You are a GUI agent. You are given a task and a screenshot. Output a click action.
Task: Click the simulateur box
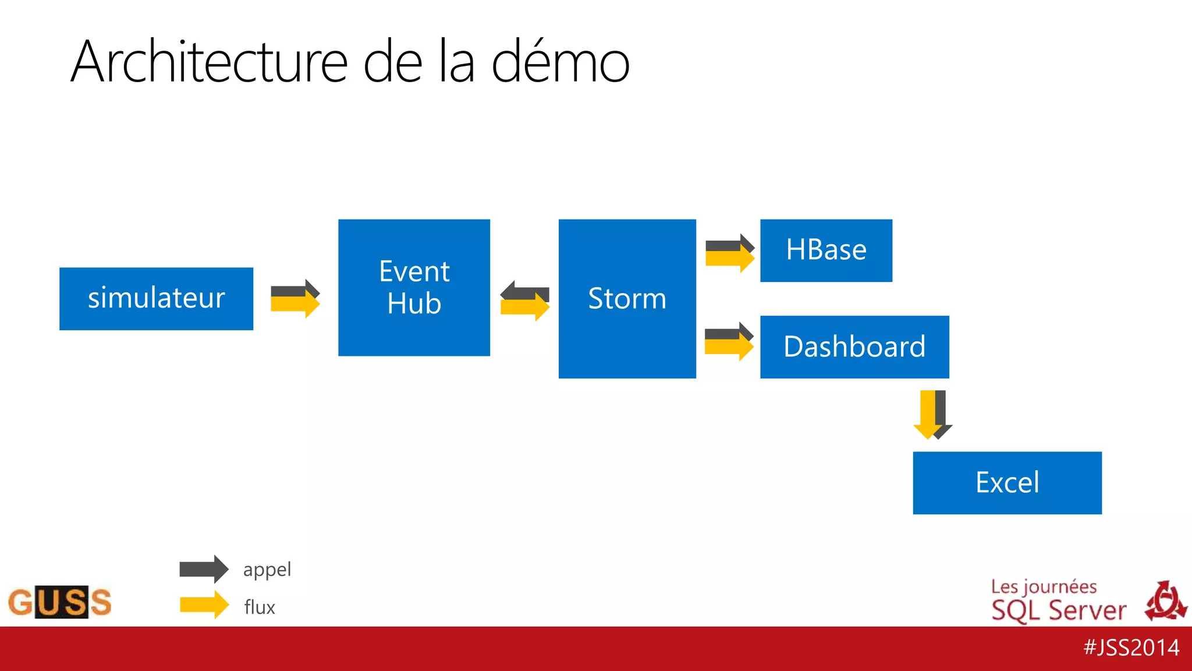click(156, 299)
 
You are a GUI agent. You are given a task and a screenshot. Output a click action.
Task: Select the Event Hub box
click(414, 287)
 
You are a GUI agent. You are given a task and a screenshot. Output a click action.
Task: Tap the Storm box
click(627, 299)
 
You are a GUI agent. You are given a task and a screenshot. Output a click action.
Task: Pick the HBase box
click(826, 250)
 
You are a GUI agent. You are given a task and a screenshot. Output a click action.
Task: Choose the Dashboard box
click(854, 347)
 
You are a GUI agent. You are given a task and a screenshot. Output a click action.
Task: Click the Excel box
click(1007, 483)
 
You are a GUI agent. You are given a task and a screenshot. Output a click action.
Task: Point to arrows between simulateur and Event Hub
click(295, 298)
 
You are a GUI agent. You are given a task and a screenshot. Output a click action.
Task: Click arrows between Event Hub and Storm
click(524, 301)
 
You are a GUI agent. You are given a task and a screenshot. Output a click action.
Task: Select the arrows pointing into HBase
click(729, 253)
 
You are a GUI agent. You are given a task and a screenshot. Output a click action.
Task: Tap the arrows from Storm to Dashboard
click(729, 342)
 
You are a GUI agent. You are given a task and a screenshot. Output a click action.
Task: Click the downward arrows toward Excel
click(932, 415)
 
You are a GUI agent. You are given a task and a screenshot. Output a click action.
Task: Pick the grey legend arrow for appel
click(204, 569)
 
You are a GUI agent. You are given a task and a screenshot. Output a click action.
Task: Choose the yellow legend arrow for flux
click(204, 605)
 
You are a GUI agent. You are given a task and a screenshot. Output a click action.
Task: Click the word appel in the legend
click(267, 570)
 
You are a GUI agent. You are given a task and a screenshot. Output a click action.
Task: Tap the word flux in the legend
click(260, 607)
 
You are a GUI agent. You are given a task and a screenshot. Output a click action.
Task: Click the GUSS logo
click(59, 602)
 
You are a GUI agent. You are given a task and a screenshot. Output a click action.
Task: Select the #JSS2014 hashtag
click(1131, 648)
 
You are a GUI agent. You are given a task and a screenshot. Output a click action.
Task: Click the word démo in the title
click(560, 62)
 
